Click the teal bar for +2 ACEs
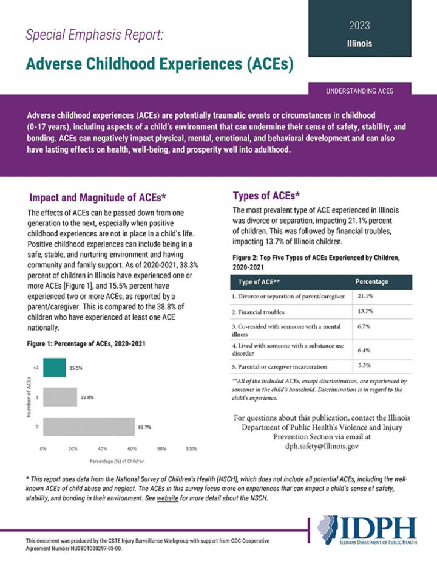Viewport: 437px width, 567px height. pyautogui.click(x=54, y=368)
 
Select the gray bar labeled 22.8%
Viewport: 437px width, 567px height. pyautogui.click(x=59, y=397)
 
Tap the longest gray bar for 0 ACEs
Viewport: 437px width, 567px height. pyautogui.click(x=89, y=427)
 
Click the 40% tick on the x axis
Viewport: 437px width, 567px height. pyautogui.click(x=103, y=449)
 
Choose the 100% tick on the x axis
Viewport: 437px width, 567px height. pyautogui.click(x=191, y=449)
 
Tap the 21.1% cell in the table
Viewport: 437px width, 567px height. pyautogui.click(x=365, y=296)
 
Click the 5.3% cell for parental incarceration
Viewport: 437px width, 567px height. pyautogui.click(x=364, y=365)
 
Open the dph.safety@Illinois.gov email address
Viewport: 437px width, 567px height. pyautogui.click(x=322, y=446)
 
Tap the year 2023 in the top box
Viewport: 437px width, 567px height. pyautogui.click(x=359, y=26)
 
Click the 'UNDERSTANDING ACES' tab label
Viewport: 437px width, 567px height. pyautogui.click(x=359, y=91)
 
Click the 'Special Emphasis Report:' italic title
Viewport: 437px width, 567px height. pyautogui.click(x=94, y=35)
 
